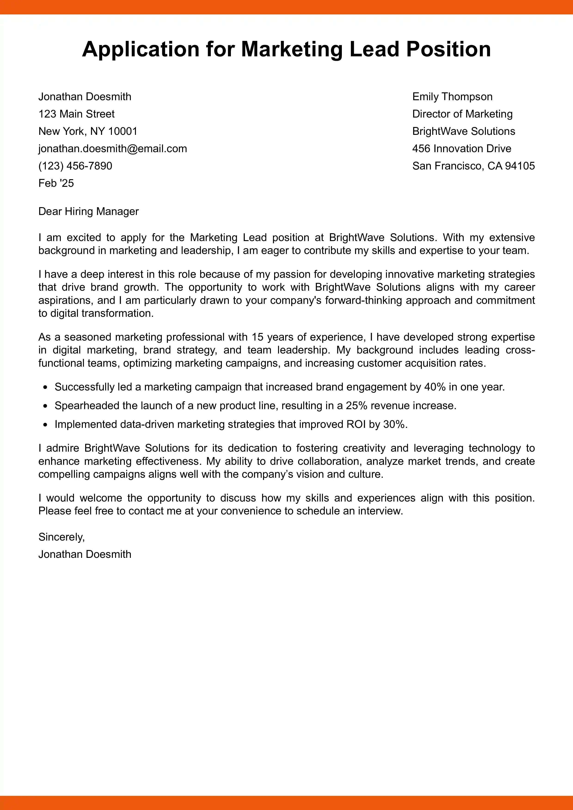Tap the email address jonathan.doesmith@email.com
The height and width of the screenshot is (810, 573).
113,148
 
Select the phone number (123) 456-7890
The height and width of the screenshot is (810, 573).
75,166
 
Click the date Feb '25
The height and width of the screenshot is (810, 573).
56,183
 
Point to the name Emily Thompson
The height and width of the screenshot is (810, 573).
452,97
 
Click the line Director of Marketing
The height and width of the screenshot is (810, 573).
462,114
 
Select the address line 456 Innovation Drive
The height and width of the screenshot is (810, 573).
461,148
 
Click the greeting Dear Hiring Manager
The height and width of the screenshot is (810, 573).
88,211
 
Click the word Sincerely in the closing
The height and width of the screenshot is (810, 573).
61,537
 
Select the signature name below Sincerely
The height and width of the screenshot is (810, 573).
85,554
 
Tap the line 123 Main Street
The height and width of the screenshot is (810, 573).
77,114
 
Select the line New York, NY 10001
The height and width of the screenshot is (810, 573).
88,131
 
